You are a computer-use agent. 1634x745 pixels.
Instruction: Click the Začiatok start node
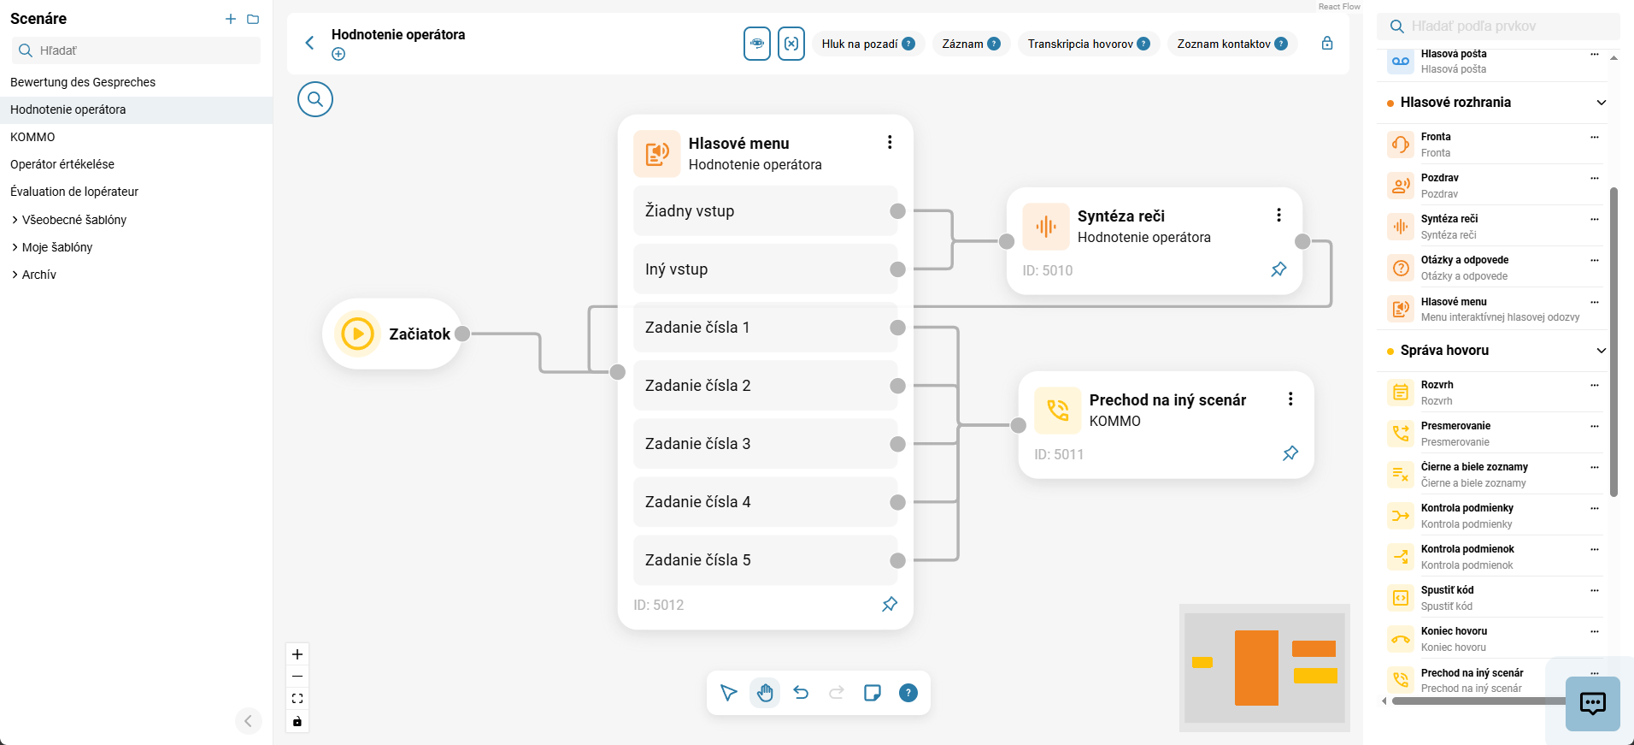392,334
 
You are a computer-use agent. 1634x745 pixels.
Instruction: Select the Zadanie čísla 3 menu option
765,444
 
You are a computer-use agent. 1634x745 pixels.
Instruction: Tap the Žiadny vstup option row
765,211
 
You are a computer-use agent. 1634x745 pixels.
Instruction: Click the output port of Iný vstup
897,269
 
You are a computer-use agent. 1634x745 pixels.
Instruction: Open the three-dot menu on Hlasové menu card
890,142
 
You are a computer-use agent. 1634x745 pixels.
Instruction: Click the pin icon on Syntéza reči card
1278,269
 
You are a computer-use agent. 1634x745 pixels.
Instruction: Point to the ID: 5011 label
1059,454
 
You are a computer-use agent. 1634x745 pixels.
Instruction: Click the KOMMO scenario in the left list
32,137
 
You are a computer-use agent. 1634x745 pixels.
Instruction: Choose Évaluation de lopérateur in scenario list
74,192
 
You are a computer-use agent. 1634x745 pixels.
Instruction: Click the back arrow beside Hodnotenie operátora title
310,43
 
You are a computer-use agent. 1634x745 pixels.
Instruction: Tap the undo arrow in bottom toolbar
801,693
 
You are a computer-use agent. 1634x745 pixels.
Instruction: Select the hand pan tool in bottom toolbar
765,693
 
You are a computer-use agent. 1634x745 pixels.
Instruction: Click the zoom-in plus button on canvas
297,654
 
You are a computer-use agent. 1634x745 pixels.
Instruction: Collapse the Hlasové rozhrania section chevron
1601,103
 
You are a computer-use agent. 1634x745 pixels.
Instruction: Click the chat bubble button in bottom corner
1593,703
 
